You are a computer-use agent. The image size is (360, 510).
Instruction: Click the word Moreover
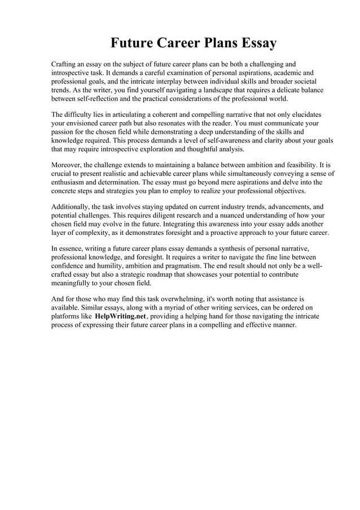click(66, 165)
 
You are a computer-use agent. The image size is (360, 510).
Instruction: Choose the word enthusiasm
click(71, 182)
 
